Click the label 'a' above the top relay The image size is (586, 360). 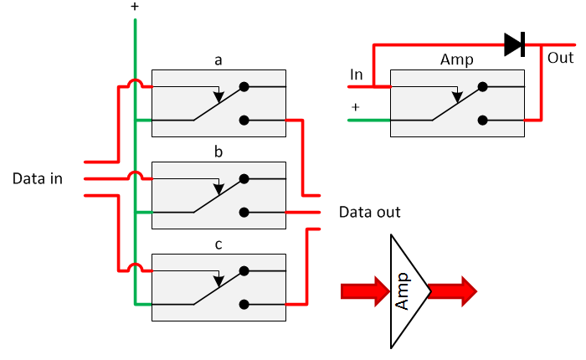218,60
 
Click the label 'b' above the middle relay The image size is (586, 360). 218,153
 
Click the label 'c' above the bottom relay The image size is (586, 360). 218,245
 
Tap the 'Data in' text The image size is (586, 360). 38,179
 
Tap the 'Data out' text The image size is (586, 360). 369,212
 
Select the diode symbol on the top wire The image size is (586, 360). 514,44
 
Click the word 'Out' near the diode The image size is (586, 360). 560,59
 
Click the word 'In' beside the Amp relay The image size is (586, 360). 357,75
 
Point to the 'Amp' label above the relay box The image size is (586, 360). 457,60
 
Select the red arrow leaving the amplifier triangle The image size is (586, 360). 453,291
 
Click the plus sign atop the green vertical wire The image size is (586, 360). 135,7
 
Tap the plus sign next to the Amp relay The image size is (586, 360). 355,107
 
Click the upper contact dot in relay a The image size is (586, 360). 244,86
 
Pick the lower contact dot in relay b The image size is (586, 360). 244,213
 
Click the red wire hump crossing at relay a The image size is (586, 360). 135,84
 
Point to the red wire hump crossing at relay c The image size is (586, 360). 135,269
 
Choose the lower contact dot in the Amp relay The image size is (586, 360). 482,121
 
